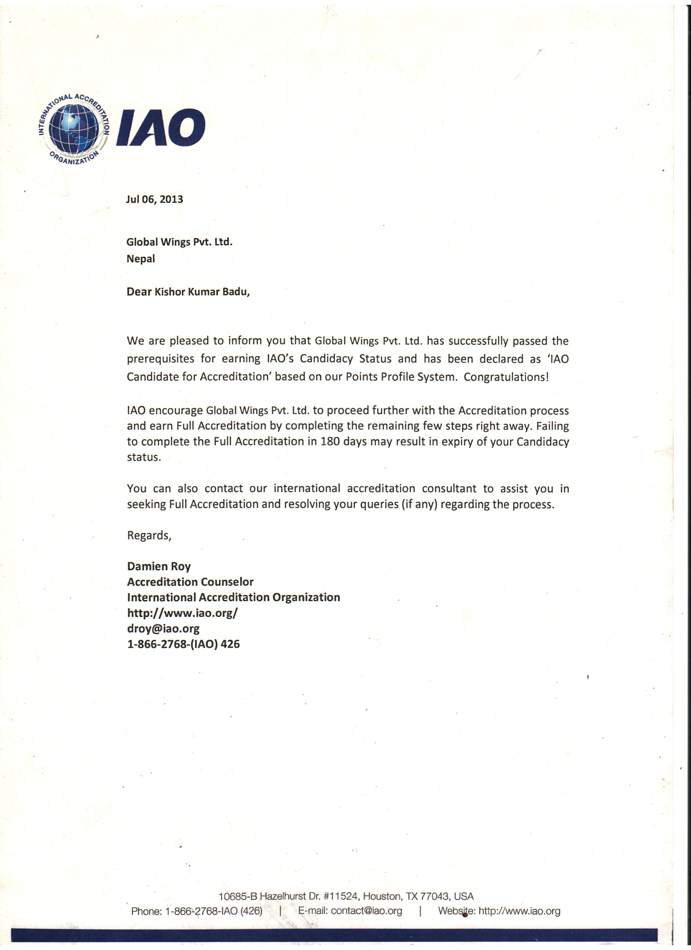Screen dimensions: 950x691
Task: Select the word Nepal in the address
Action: click(141, 259)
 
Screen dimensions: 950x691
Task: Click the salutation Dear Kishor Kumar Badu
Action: click(188, 292)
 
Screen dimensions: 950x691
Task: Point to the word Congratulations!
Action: click(506, 377)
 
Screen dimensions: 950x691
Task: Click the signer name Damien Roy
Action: click(159, 566)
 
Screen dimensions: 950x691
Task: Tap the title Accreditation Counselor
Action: click(190, 582)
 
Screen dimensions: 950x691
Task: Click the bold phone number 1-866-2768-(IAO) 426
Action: click(183, 644)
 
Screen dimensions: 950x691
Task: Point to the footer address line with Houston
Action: click(346, 896)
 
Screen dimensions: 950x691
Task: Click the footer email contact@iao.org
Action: click(366, 911)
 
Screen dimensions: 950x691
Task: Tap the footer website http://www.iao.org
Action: click(519, 911)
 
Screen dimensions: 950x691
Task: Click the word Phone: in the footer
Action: click(146, 911)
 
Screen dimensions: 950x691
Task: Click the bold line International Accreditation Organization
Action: click(233, 597)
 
